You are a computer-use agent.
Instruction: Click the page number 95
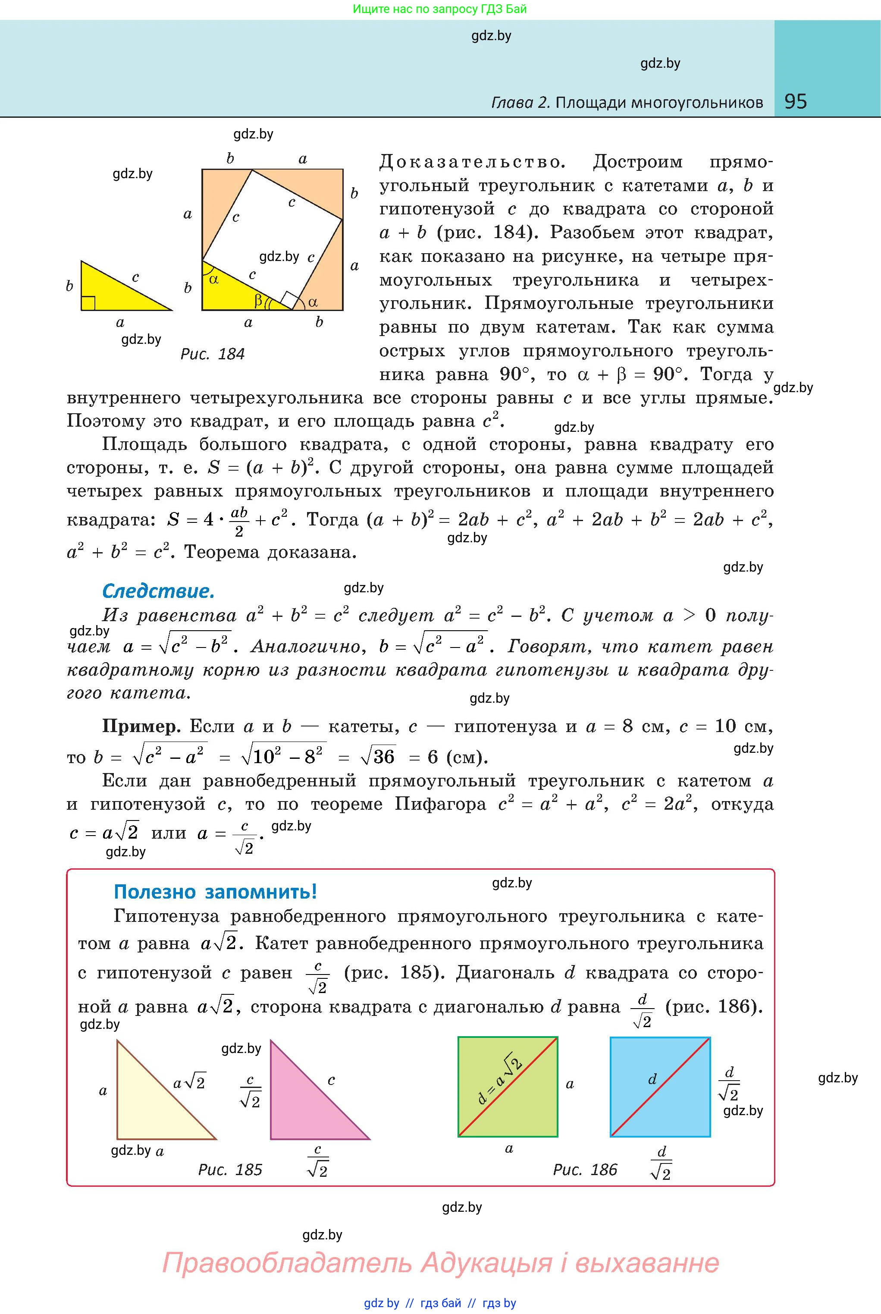tap(795, 101)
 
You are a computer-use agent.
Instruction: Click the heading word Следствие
tap(158, 591)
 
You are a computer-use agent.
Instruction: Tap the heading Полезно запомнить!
tap(215, 891)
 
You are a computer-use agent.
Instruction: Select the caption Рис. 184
tap(213, 354)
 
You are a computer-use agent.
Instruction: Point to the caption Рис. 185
tap(230, 1169)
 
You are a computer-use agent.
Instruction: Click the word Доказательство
tap(471, 163)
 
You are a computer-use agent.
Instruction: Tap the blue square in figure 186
tap(674, 1113)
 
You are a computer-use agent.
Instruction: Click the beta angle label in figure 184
tap(258, 301)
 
